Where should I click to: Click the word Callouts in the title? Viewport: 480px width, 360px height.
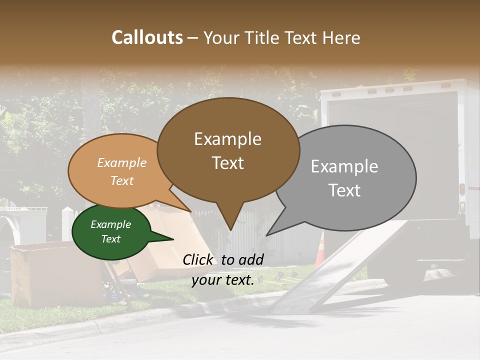147,37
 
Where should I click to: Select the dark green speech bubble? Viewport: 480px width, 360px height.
111,231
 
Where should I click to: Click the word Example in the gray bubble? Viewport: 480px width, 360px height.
344,166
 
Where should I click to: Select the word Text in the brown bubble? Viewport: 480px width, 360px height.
228,163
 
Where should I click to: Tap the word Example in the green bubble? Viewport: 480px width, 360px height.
111,224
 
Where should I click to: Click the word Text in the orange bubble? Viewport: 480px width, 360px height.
122,181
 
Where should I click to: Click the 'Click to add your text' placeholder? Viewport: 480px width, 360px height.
223,269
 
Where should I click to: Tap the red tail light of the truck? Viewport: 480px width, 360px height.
462,190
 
